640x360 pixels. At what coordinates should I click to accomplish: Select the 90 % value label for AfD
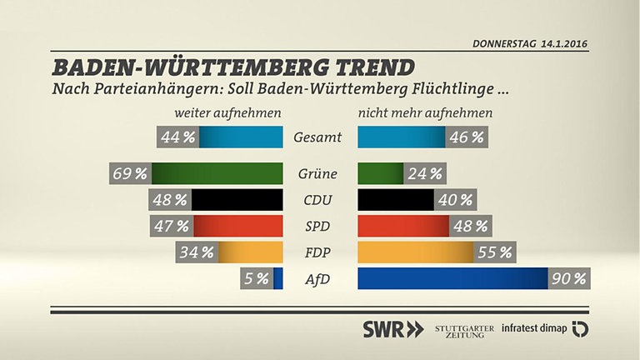coord(568,278)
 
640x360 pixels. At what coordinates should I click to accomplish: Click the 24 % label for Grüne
coord(425,174)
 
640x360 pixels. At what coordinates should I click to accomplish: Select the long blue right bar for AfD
coord(452,278)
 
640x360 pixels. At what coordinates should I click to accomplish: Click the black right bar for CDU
coord(395,200)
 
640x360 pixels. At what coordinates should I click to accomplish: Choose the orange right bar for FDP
coord(415,252)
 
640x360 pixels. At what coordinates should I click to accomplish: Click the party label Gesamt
coord(317,137)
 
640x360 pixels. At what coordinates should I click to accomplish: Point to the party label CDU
coord(317,200)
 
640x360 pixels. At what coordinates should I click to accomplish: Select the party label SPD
coord(317,227)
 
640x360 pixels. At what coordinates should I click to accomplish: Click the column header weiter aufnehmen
coord(227,112)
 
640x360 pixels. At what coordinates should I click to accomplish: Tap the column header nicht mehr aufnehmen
coord(425,112)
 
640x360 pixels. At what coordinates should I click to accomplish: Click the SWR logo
coord(392,328)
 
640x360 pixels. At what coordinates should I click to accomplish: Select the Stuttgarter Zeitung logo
coord(464,329)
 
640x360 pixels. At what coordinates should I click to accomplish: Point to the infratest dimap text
coord(534,328)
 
